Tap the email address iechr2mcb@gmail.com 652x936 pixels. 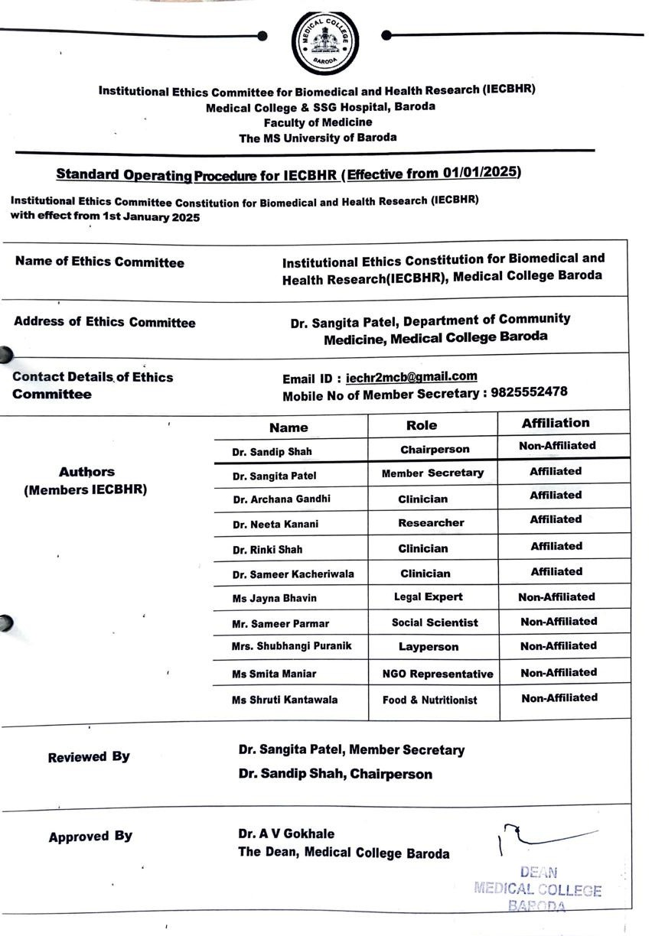411,376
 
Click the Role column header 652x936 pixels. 422,425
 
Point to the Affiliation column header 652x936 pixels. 556,423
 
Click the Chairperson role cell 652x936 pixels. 435,449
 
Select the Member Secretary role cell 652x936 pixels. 432,473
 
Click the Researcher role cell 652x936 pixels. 431,523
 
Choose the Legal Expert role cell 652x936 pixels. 429,596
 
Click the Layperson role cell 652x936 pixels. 429,647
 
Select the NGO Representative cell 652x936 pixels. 438,674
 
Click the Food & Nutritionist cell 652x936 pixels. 430,700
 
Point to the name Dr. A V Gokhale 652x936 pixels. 286,834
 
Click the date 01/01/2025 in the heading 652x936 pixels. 481,172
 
